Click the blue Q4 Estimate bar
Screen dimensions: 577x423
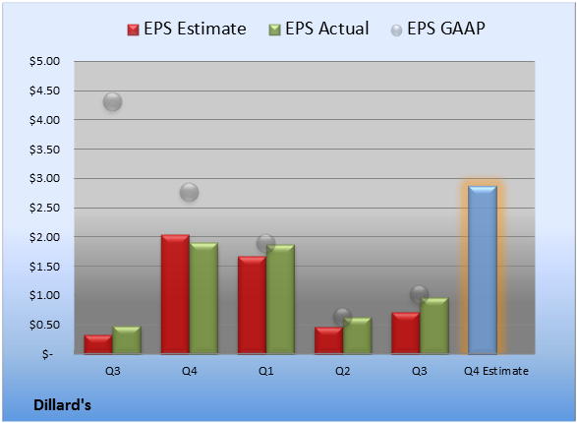click(483, 270)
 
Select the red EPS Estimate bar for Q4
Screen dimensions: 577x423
click(175, 294)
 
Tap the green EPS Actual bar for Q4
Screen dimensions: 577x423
click(203, 298)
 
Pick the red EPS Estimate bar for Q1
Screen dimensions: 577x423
click(252, 305)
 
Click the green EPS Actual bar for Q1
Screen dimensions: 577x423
click(280, 299)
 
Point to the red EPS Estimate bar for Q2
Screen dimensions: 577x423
click(328, 340)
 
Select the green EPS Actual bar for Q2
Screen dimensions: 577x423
click(357, 335)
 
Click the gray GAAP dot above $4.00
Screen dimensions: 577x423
click(112, 102)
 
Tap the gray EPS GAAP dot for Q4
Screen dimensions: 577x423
click(189, 192)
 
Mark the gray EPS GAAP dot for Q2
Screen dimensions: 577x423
click(343, 317)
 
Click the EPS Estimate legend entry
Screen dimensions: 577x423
click(187, 29)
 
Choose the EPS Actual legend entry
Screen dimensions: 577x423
click(319, 29)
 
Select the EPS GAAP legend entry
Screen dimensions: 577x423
click(437, 29)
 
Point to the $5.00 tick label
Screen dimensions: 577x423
click(44, 61)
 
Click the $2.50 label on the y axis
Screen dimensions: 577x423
click(44, 208)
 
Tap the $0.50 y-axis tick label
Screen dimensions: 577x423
click(44, 325)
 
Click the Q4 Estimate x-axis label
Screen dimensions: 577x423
click(496, 371)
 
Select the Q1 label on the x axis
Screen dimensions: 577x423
click(265, 371)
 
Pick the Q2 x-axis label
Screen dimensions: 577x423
click(342, 371)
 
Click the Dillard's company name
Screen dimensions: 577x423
click(62, 405)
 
